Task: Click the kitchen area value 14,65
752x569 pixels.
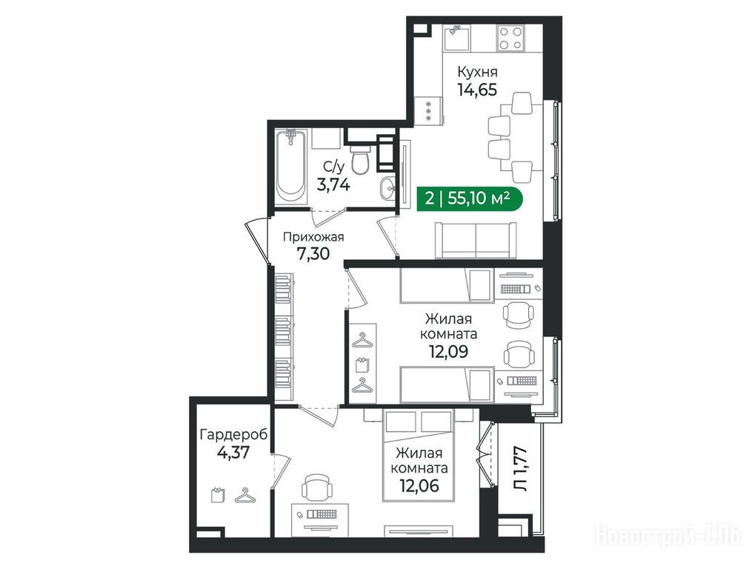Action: click(x=477, y=90)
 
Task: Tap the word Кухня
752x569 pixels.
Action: click(x=477, y=72)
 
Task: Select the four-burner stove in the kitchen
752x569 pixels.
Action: click(x=510, y=39)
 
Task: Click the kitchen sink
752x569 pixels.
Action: click(x=456, y=39)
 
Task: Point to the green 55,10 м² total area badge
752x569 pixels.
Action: click(x=467, y=198)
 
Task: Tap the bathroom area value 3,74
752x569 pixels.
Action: click(x=334, y=184)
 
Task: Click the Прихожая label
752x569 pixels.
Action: click(x=313, y=237)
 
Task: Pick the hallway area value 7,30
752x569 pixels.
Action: click(x=313, y=253)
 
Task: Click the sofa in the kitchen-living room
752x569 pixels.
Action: click(x=476, y=240)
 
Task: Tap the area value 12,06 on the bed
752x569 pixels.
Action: click(x=419, y=486)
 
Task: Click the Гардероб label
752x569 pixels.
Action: click(x=233, y=435)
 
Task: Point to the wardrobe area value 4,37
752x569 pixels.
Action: click(x=233, y=452)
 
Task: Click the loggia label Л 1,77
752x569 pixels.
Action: click(x=520, y=469)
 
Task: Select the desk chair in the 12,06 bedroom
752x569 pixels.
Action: click(x=317, y=488)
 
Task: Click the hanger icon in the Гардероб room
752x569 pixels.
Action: click(x=245, y=495)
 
